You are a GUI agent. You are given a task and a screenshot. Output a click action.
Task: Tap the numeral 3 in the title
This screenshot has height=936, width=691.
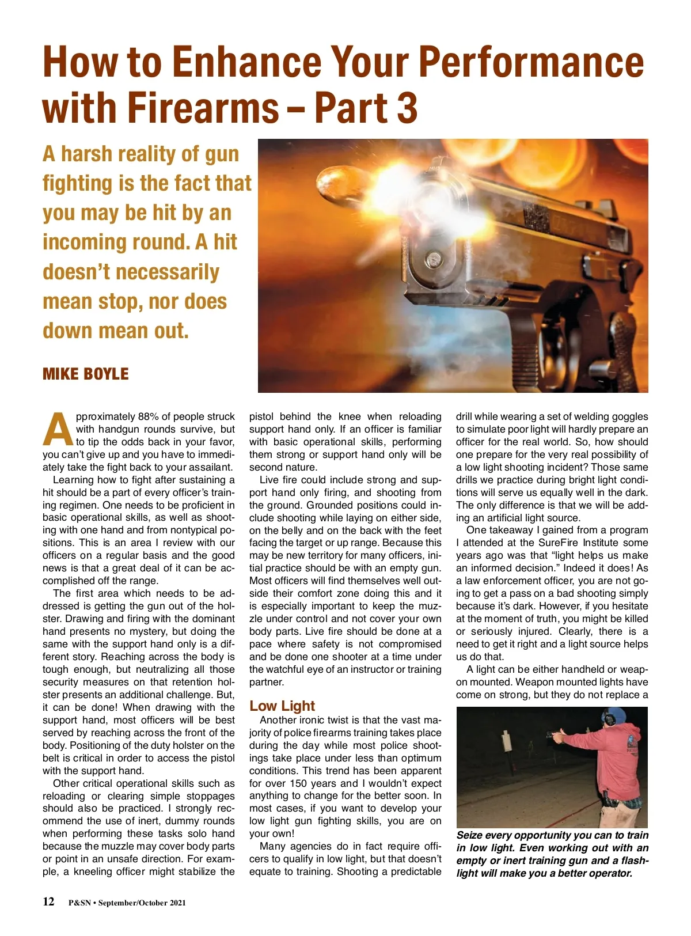(x=407, y=108)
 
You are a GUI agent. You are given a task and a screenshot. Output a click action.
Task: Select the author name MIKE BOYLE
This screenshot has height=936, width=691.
(x=86, y=374)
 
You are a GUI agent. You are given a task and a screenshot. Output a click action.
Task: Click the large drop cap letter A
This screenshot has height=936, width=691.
(x=58, y=430)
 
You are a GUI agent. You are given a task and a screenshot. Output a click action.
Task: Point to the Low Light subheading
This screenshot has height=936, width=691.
(x=282, y=706)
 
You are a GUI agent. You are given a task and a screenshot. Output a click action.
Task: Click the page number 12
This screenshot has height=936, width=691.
(x=49, y=901)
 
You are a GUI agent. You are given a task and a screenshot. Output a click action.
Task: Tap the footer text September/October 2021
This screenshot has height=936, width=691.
(x=142, y=903)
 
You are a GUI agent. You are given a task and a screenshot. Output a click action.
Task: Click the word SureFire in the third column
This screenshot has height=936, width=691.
(x=558, y=543)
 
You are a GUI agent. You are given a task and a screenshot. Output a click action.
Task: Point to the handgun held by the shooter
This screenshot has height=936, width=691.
(x=556, y=736)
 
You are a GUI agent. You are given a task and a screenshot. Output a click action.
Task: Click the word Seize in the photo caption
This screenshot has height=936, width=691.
(x=469, y=835)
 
